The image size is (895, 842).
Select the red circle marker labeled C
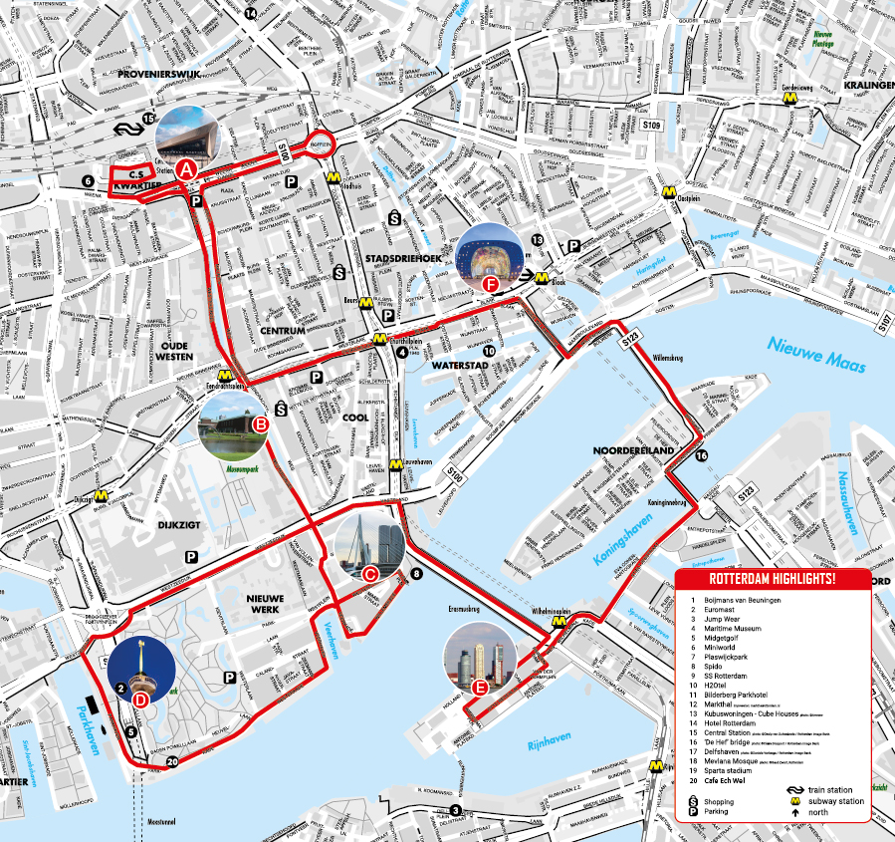369,573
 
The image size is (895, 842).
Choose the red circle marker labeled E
480,687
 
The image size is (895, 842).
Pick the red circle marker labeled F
489,284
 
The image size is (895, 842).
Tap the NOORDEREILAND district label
634,450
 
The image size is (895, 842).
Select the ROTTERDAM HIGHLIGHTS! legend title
771,579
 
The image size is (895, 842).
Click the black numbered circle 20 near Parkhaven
172,762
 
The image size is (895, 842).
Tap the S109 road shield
651,126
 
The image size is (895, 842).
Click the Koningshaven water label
627,539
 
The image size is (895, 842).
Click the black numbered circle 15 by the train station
149,120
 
